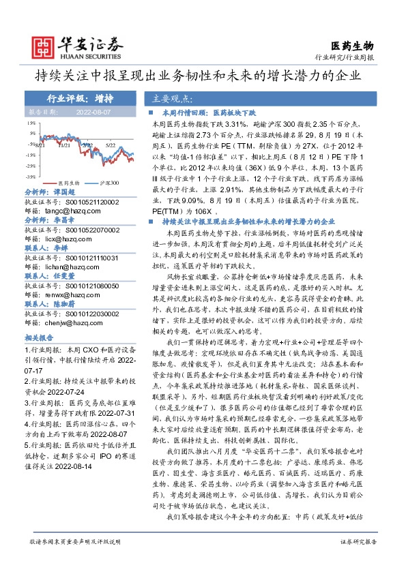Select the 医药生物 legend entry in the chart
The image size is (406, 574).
coord(67,183)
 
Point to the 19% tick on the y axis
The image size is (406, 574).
coord(31,123)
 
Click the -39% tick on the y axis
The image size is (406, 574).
coord(31,175)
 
